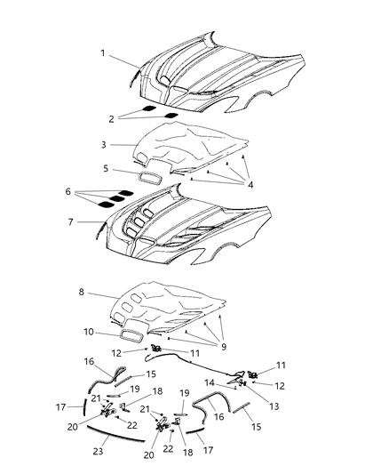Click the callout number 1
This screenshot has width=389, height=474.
pyautogui.click(x=103, y=53)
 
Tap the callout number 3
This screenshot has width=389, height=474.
pyautogui.click(x=103, y=144)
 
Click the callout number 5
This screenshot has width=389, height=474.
pyautogui.click(x=105, y=167)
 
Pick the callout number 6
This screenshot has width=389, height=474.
pyautogui.click(x=67, y=190)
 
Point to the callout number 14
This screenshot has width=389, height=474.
pyautogui.click(x=210, y=382)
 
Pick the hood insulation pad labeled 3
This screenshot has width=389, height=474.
pyautogui.click(x=195, y=142)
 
